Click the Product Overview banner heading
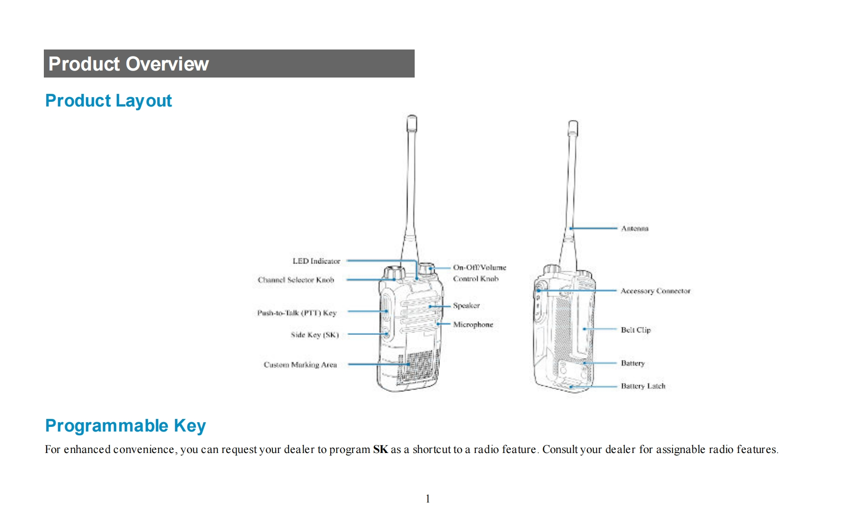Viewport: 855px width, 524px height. tap(129, 64)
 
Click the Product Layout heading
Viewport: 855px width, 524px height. tap(108, 101)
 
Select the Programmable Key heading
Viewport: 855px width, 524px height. tap(125, 426)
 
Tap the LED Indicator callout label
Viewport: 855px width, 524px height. tap(316, 261)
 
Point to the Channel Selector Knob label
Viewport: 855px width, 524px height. tap(296, 280)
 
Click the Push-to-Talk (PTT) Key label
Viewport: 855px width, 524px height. tap(297, 313)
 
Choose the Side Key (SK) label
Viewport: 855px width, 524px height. tap(314, 335)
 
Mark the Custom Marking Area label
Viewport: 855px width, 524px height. tap(300, 365)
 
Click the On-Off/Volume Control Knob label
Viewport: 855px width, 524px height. tap(479, 273)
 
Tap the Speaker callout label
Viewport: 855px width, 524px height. tap(466, 305)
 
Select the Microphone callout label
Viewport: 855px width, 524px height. tap(473, 325)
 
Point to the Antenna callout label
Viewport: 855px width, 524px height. tap(634, 228)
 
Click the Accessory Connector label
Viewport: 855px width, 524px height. tap(655, 291)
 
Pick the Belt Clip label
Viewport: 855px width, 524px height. tap(635, 330)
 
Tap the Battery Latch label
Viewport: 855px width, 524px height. tap(643, 386)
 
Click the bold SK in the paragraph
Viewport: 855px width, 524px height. tap(380, 449)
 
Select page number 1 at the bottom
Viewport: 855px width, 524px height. tap(427, 499)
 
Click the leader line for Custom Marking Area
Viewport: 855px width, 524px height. tap(378, 364)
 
